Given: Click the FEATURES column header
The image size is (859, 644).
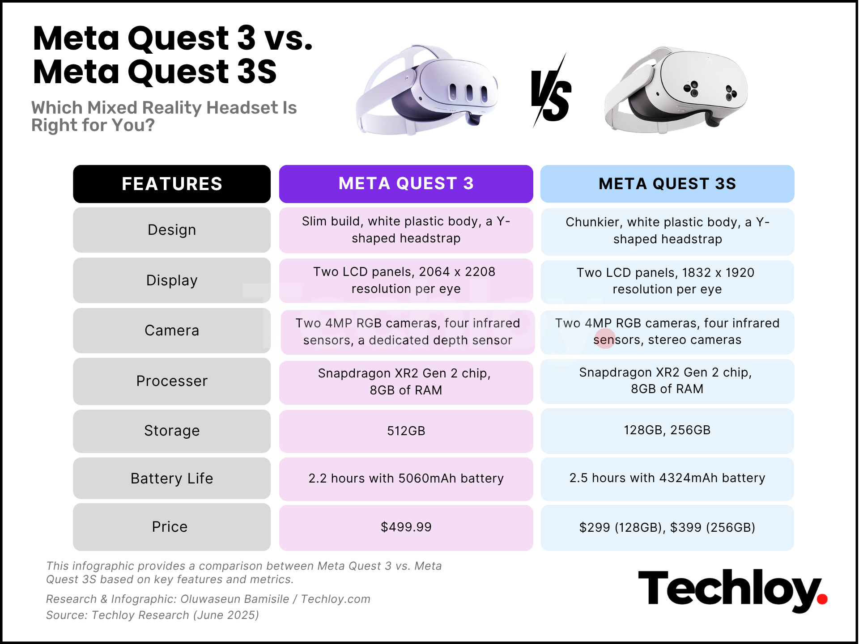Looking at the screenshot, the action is (x=172, y=184).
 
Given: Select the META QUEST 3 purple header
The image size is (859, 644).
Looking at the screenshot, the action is (x=406, y=184).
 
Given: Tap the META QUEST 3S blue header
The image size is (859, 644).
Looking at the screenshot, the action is (x=667, y=184).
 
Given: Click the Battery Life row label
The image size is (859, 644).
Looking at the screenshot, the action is (x=172, y=478).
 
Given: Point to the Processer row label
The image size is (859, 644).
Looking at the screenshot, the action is (x=172, y=381).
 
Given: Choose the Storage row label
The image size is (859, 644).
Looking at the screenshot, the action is (x=172, y=431).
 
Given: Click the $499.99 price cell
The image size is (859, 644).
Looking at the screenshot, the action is (x=406, y=527).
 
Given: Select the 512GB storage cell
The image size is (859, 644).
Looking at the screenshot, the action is (x=406, y=431).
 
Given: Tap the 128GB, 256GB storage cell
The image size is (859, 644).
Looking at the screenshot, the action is (x=667, y=430).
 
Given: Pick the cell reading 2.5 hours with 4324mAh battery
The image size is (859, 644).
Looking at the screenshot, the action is (x=667, y=478).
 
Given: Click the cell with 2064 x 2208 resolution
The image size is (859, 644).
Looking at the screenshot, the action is (x=406, y=280).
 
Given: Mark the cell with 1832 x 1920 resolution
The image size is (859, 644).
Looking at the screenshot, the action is (x=667, y=281).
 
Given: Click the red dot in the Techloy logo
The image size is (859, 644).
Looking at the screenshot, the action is (x=822, y=599).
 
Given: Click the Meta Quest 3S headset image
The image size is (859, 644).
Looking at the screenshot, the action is (x=676, y=89).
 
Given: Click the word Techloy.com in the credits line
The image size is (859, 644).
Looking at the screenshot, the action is (x=336, y=599).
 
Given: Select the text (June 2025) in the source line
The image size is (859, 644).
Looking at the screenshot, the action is (x=226, y=615).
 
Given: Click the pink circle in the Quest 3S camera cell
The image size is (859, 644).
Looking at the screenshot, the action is (x=605, y=339).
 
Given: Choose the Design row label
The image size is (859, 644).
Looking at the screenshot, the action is (x=172, y=230).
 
